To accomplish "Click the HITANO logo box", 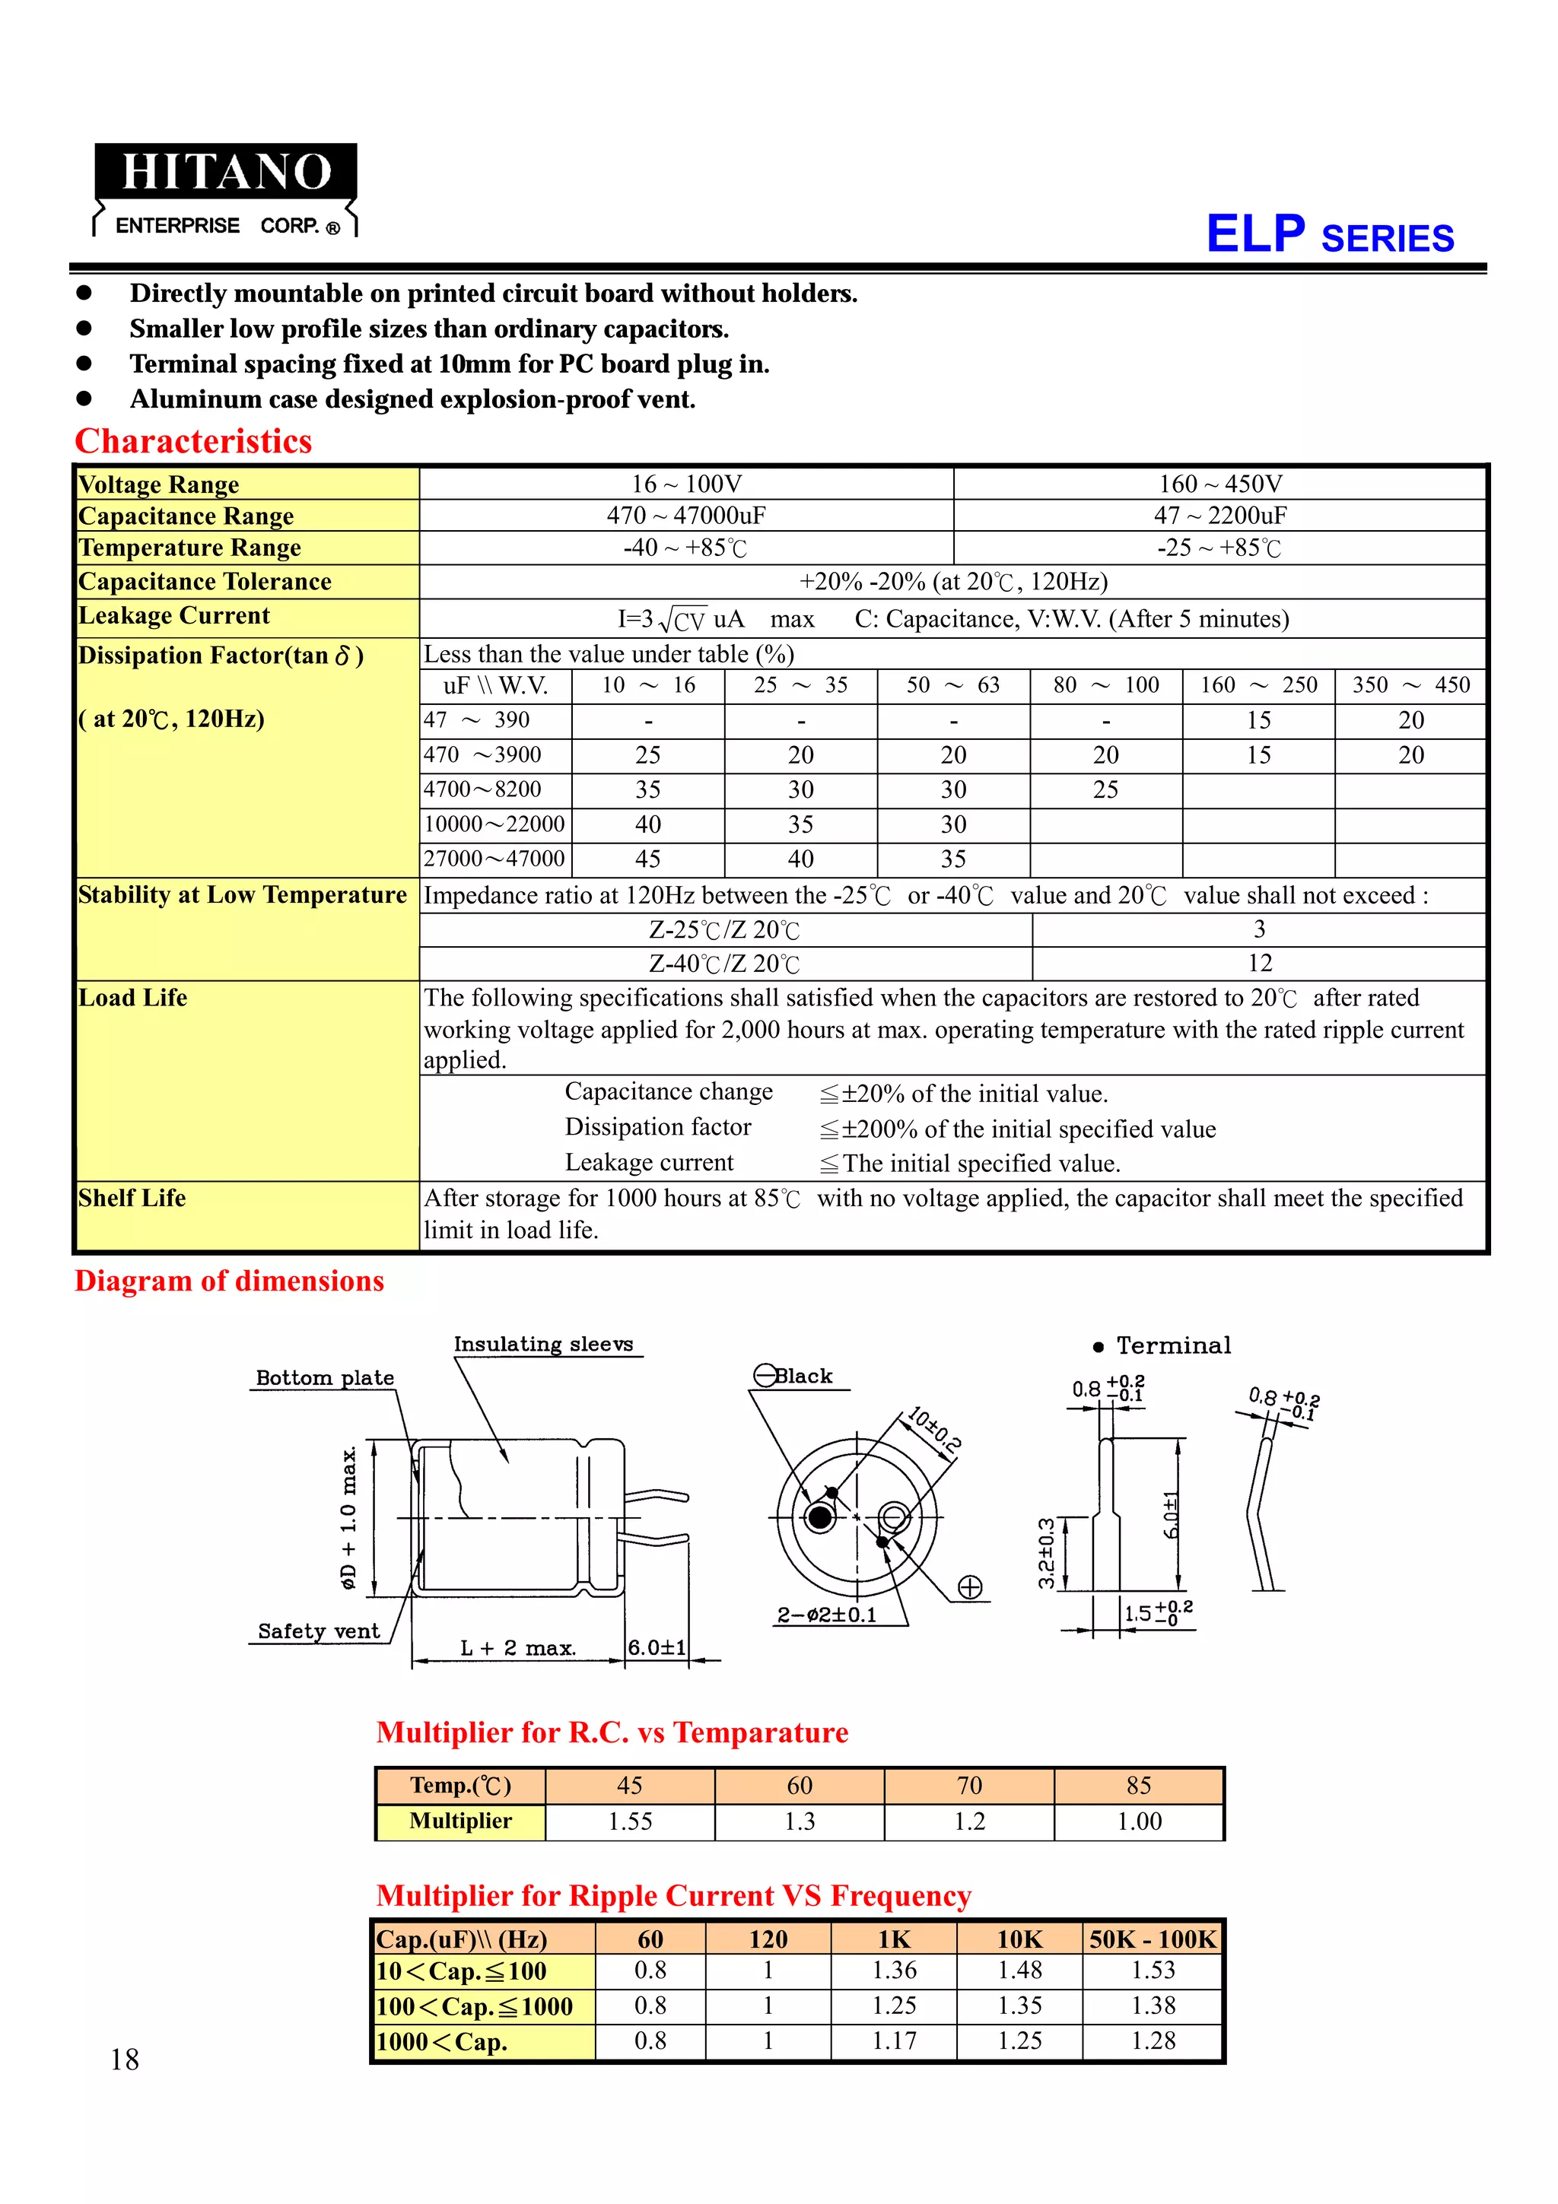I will (x=226, y=173).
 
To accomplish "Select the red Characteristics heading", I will (x=193, y=442).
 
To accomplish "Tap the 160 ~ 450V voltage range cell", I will (x=1220, y=484).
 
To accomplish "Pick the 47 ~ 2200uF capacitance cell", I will (x=1220, y=516).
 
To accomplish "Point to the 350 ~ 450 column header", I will (x=1410, y=685).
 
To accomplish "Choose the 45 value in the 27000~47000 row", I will (x=648, y=859).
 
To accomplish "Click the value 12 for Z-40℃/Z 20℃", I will (x=1260, y=963).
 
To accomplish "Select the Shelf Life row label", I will (x=132, y=1198).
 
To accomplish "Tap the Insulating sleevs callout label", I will (x=543, y=1344).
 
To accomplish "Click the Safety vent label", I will (x=319, y=1631).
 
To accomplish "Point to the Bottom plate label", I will (x=325, y=1377).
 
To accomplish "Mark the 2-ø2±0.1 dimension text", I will (x=826, y=1615).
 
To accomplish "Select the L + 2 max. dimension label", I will (x=517, y=1648).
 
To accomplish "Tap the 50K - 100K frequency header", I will (x=1152, y=1939).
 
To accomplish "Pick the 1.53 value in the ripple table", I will (x=1152, y=1971).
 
